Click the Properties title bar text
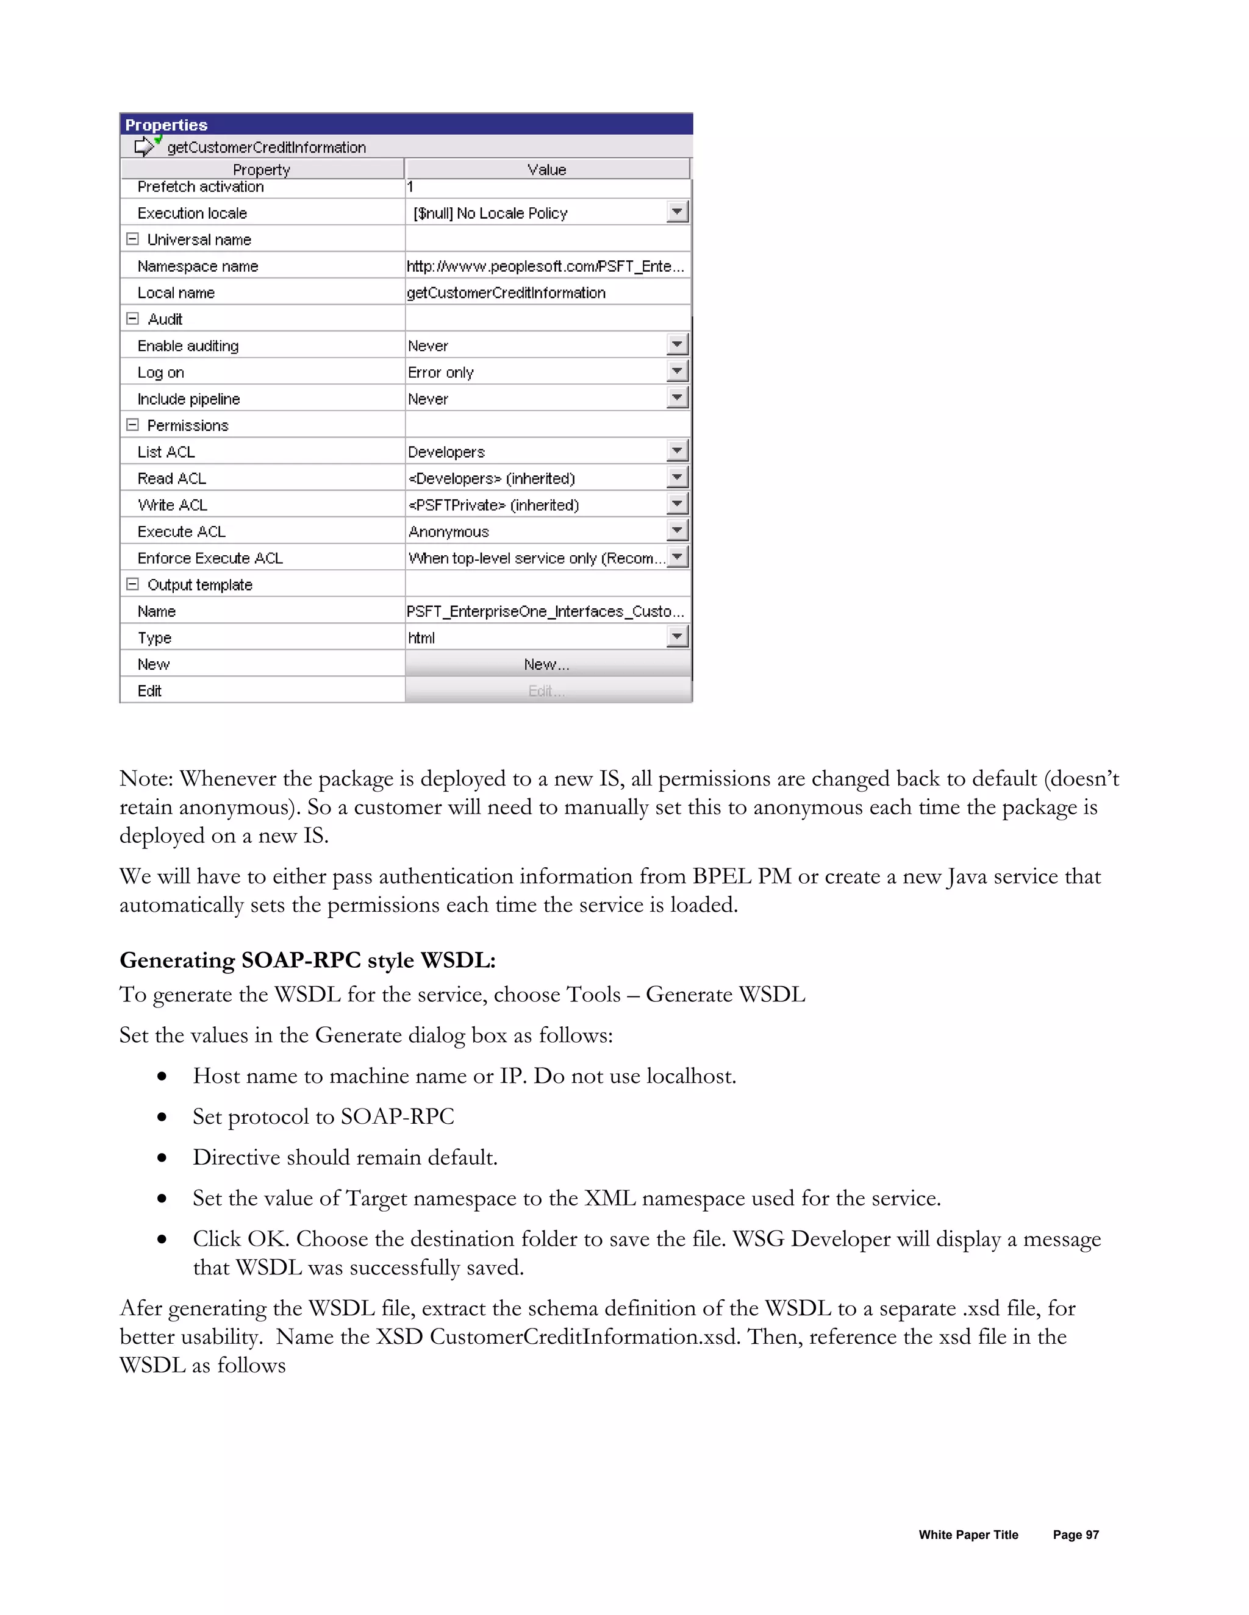[166, 124]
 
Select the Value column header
[547, 169]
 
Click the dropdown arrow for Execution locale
[677, 212]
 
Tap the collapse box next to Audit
[132, 319]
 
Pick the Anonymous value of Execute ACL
[449, 531]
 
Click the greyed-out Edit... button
[547, 690]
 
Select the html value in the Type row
[422, 637]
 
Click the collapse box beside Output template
[132, 584]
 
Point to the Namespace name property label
[198, 266]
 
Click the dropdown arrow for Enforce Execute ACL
[677, 557]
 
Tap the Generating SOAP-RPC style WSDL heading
[307, 960]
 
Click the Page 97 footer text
[1075, 1535]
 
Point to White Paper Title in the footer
[968, 1535]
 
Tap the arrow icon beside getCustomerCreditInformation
[145, 146]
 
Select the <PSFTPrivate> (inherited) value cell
[493, 505]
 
